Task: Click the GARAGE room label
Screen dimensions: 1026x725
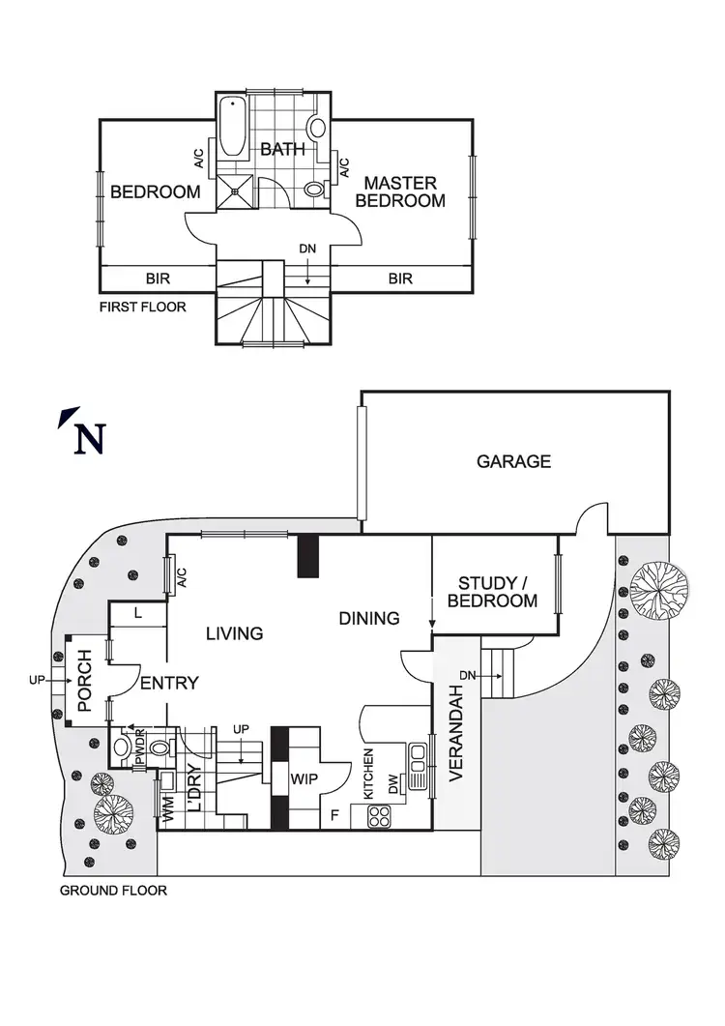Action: click(x=513, y=461)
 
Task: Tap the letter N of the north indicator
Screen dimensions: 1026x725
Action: click(x=89, y=440)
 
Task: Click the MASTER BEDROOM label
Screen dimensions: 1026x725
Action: click(x=399, y=191)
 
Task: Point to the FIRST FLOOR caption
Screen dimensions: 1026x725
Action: click(x=143, y=308)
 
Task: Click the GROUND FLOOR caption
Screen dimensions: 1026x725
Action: click(x=113, y=891)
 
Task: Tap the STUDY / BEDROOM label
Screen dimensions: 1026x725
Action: click(x=497, y=592)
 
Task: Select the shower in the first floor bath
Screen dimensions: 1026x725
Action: click(x=232, y=191)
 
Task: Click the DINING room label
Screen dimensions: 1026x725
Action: click(x=369, y=618)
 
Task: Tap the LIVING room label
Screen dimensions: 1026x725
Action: click(x=234, y=633)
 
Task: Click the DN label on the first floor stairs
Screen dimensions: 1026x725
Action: click(x=307, y=249)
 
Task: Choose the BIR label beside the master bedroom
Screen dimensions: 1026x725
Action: click(x=400, y=278)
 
